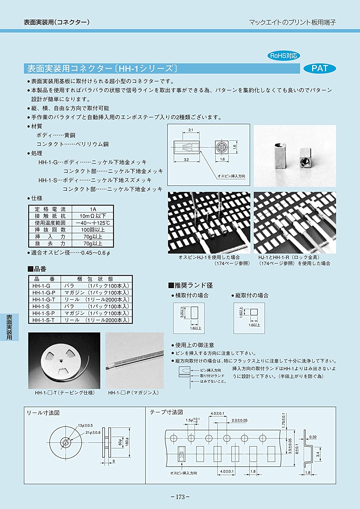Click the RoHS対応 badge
point(284,56)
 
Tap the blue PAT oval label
point(319,69)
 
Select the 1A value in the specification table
point(93,209)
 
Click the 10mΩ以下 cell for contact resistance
point(93,216)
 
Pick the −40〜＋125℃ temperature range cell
point(93,223)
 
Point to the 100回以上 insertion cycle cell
point(93,230)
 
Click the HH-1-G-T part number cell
point(44,299)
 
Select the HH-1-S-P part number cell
point(44,313)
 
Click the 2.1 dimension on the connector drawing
point(191,130)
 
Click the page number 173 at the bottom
point(180,497)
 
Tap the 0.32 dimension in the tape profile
point(313,437)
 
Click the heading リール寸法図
point(43,413)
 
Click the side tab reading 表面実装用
point(9,327)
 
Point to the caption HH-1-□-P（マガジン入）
point(133,393)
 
